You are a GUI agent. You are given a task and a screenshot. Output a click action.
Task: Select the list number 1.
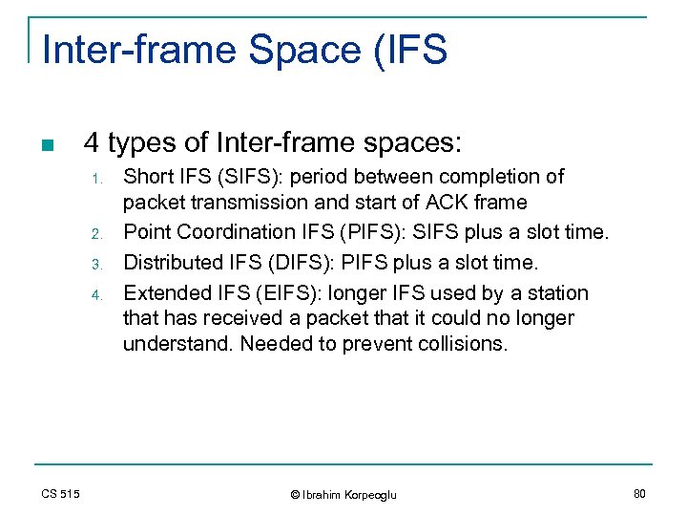[x=95, y=179]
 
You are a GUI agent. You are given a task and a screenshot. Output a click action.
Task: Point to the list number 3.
[x=95, y=263]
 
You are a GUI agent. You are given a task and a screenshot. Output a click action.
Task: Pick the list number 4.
[x=95, y=294]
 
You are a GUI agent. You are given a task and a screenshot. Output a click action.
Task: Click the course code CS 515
[x=61, y=493]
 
